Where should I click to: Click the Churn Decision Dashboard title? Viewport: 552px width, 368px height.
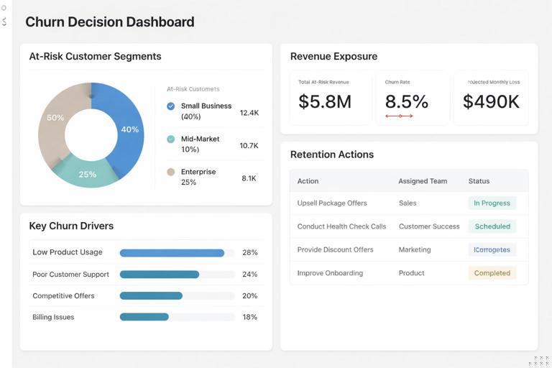[x=109, y=22]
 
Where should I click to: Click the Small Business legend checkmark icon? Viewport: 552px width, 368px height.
[x=170, y=106]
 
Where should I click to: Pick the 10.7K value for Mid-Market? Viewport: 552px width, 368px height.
[x=249, y=145]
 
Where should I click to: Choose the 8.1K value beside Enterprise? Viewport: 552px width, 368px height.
[x=249, y=178]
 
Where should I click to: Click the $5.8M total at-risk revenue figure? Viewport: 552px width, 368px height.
[x=325, y=102]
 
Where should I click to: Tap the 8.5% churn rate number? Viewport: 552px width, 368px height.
[x=406, y=102]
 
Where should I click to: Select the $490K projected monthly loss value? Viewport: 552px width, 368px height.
[x=491, y=102]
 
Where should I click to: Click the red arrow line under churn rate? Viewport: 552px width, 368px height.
[x=399, y=116]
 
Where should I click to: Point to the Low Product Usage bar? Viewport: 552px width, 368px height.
[x=172, y=253]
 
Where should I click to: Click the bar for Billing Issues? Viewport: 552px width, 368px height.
[x=144, y=317]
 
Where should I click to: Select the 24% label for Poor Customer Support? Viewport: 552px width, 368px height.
[x=249, y=275]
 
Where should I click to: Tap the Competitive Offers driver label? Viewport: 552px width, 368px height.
[x=63, y=295]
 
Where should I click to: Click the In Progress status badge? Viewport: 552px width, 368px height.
[x=492, y=203]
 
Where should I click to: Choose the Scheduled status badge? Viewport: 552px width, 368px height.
[x=492, y=226]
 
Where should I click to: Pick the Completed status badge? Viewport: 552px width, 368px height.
[x=492, y=273]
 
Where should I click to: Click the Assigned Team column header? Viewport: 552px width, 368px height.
[x=423, y=181]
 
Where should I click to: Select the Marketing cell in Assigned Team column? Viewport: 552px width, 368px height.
[x=415, y=249]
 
